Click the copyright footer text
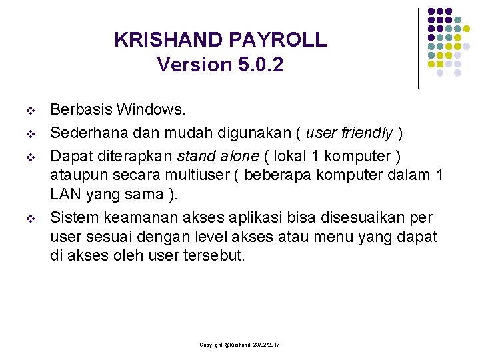click(239, 344)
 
